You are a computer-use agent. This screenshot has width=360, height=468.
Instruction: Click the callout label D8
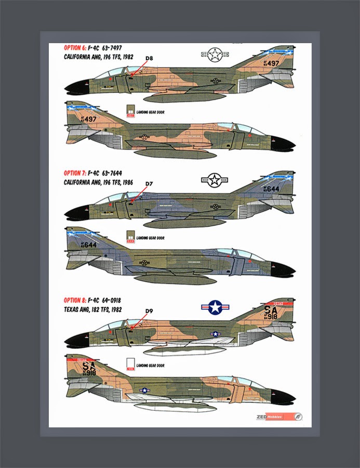click(x=150, y=58)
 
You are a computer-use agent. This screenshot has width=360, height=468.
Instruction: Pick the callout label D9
click(x=149, y=311)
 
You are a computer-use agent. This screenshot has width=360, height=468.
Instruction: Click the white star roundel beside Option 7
click(x=214, y=180)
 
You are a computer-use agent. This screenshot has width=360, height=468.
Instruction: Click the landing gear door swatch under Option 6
click(x=131, y=111)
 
